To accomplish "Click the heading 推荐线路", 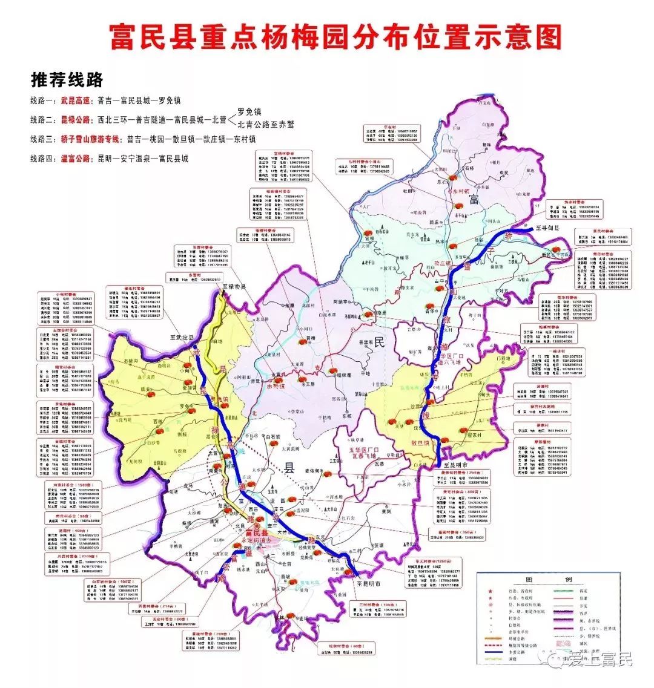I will coord(67,80).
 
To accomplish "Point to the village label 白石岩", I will coord(274,436).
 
